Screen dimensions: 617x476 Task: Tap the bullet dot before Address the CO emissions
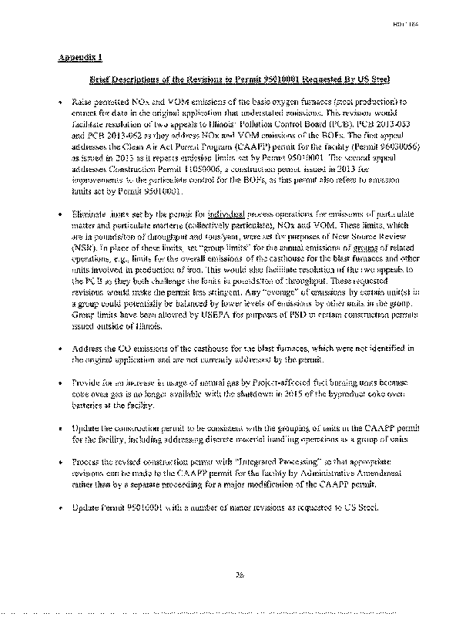[60, 349]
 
